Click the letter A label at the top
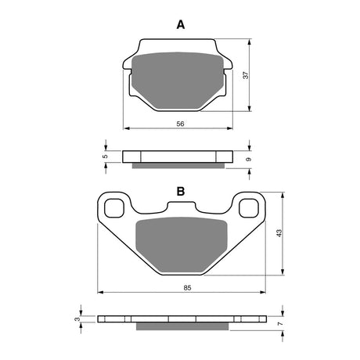click(181, 24)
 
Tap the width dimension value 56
click(180, 124)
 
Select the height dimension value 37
click(245, 76)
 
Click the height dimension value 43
click(278, 232)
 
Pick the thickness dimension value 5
click(105, 156)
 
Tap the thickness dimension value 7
click(279, 322)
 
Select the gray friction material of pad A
click(178, 81)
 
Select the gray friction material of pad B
click(181, 246)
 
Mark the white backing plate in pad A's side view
click(178, 156)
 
